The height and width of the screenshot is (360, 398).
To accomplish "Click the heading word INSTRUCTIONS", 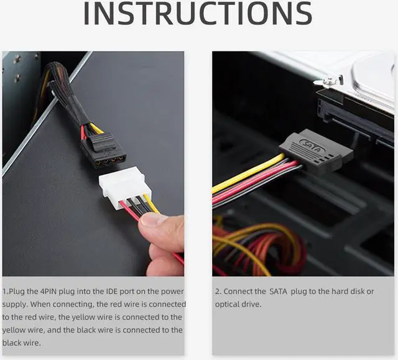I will (x=198, y=14).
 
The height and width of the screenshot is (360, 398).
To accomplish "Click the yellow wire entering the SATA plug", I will (x=249, y=174).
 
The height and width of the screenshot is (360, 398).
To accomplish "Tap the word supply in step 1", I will (x=16, y=305).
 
